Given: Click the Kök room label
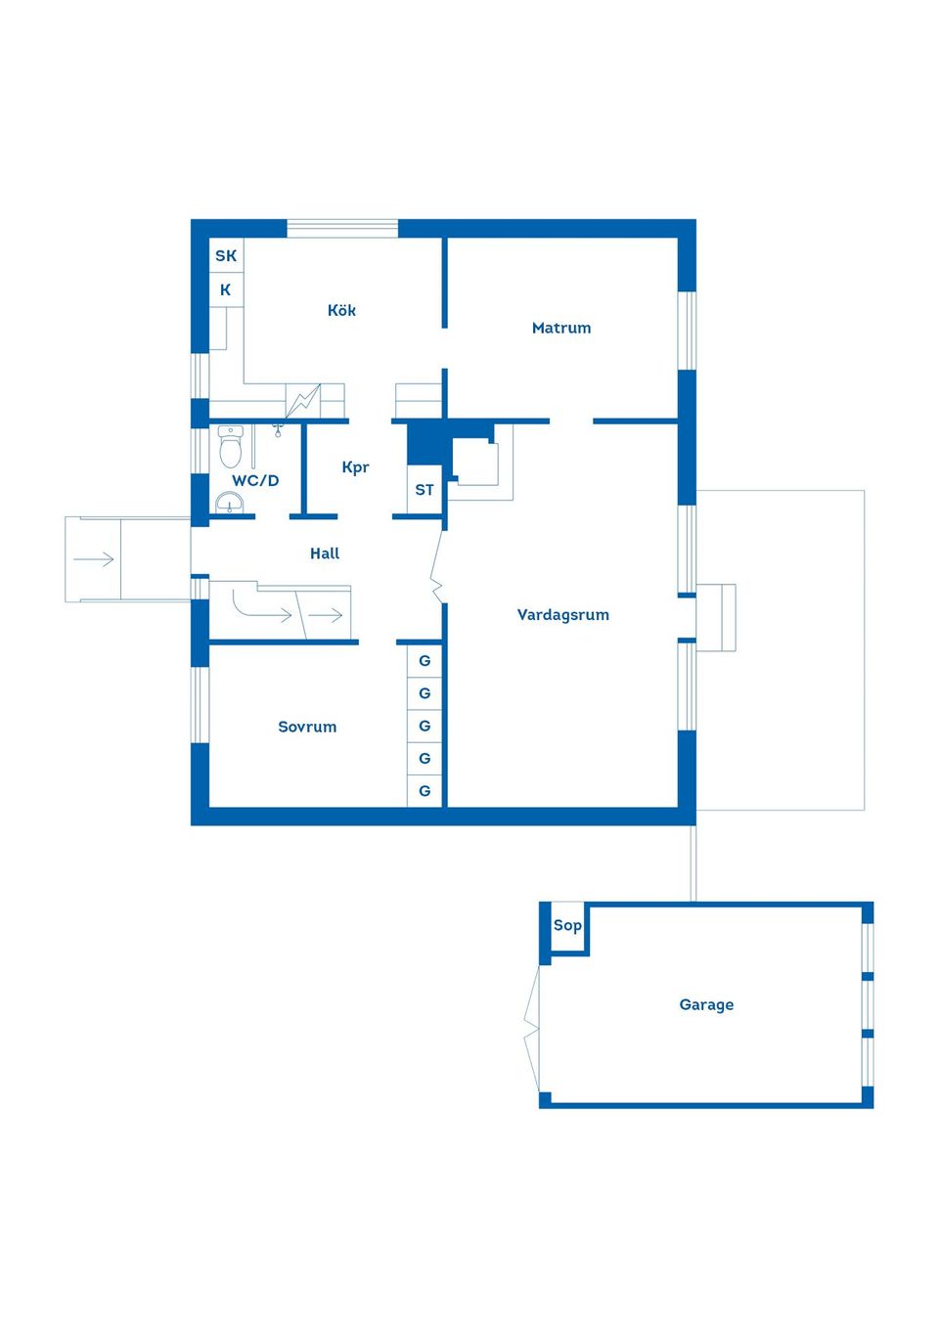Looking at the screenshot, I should (341, 310).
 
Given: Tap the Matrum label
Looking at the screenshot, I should (560, 328).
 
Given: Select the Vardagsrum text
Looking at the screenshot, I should (562, 614).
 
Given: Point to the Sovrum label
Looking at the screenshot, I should (307, 727).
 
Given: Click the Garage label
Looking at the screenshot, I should (706, 1004).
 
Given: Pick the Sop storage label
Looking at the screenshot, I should (567, 925).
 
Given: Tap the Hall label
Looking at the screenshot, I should (325, 553).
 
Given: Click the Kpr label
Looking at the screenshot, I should (355, 467).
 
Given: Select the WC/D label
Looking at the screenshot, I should (255, 480).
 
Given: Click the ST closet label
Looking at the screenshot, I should (425, 490).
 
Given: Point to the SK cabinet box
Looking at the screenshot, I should (226, 255).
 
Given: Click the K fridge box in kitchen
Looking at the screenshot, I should (226, 289).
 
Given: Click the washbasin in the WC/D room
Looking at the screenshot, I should (229, 503).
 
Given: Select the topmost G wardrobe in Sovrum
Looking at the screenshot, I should (425, 661).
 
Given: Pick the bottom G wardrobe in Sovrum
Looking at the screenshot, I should (425, 791).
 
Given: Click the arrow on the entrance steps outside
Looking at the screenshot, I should (94, 559).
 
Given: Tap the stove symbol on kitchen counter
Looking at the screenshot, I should (303, 400).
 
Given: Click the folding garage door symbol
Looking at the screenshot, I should (532, 1028).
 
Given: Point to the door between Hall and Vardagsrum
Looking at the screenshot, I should (437, 571).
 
